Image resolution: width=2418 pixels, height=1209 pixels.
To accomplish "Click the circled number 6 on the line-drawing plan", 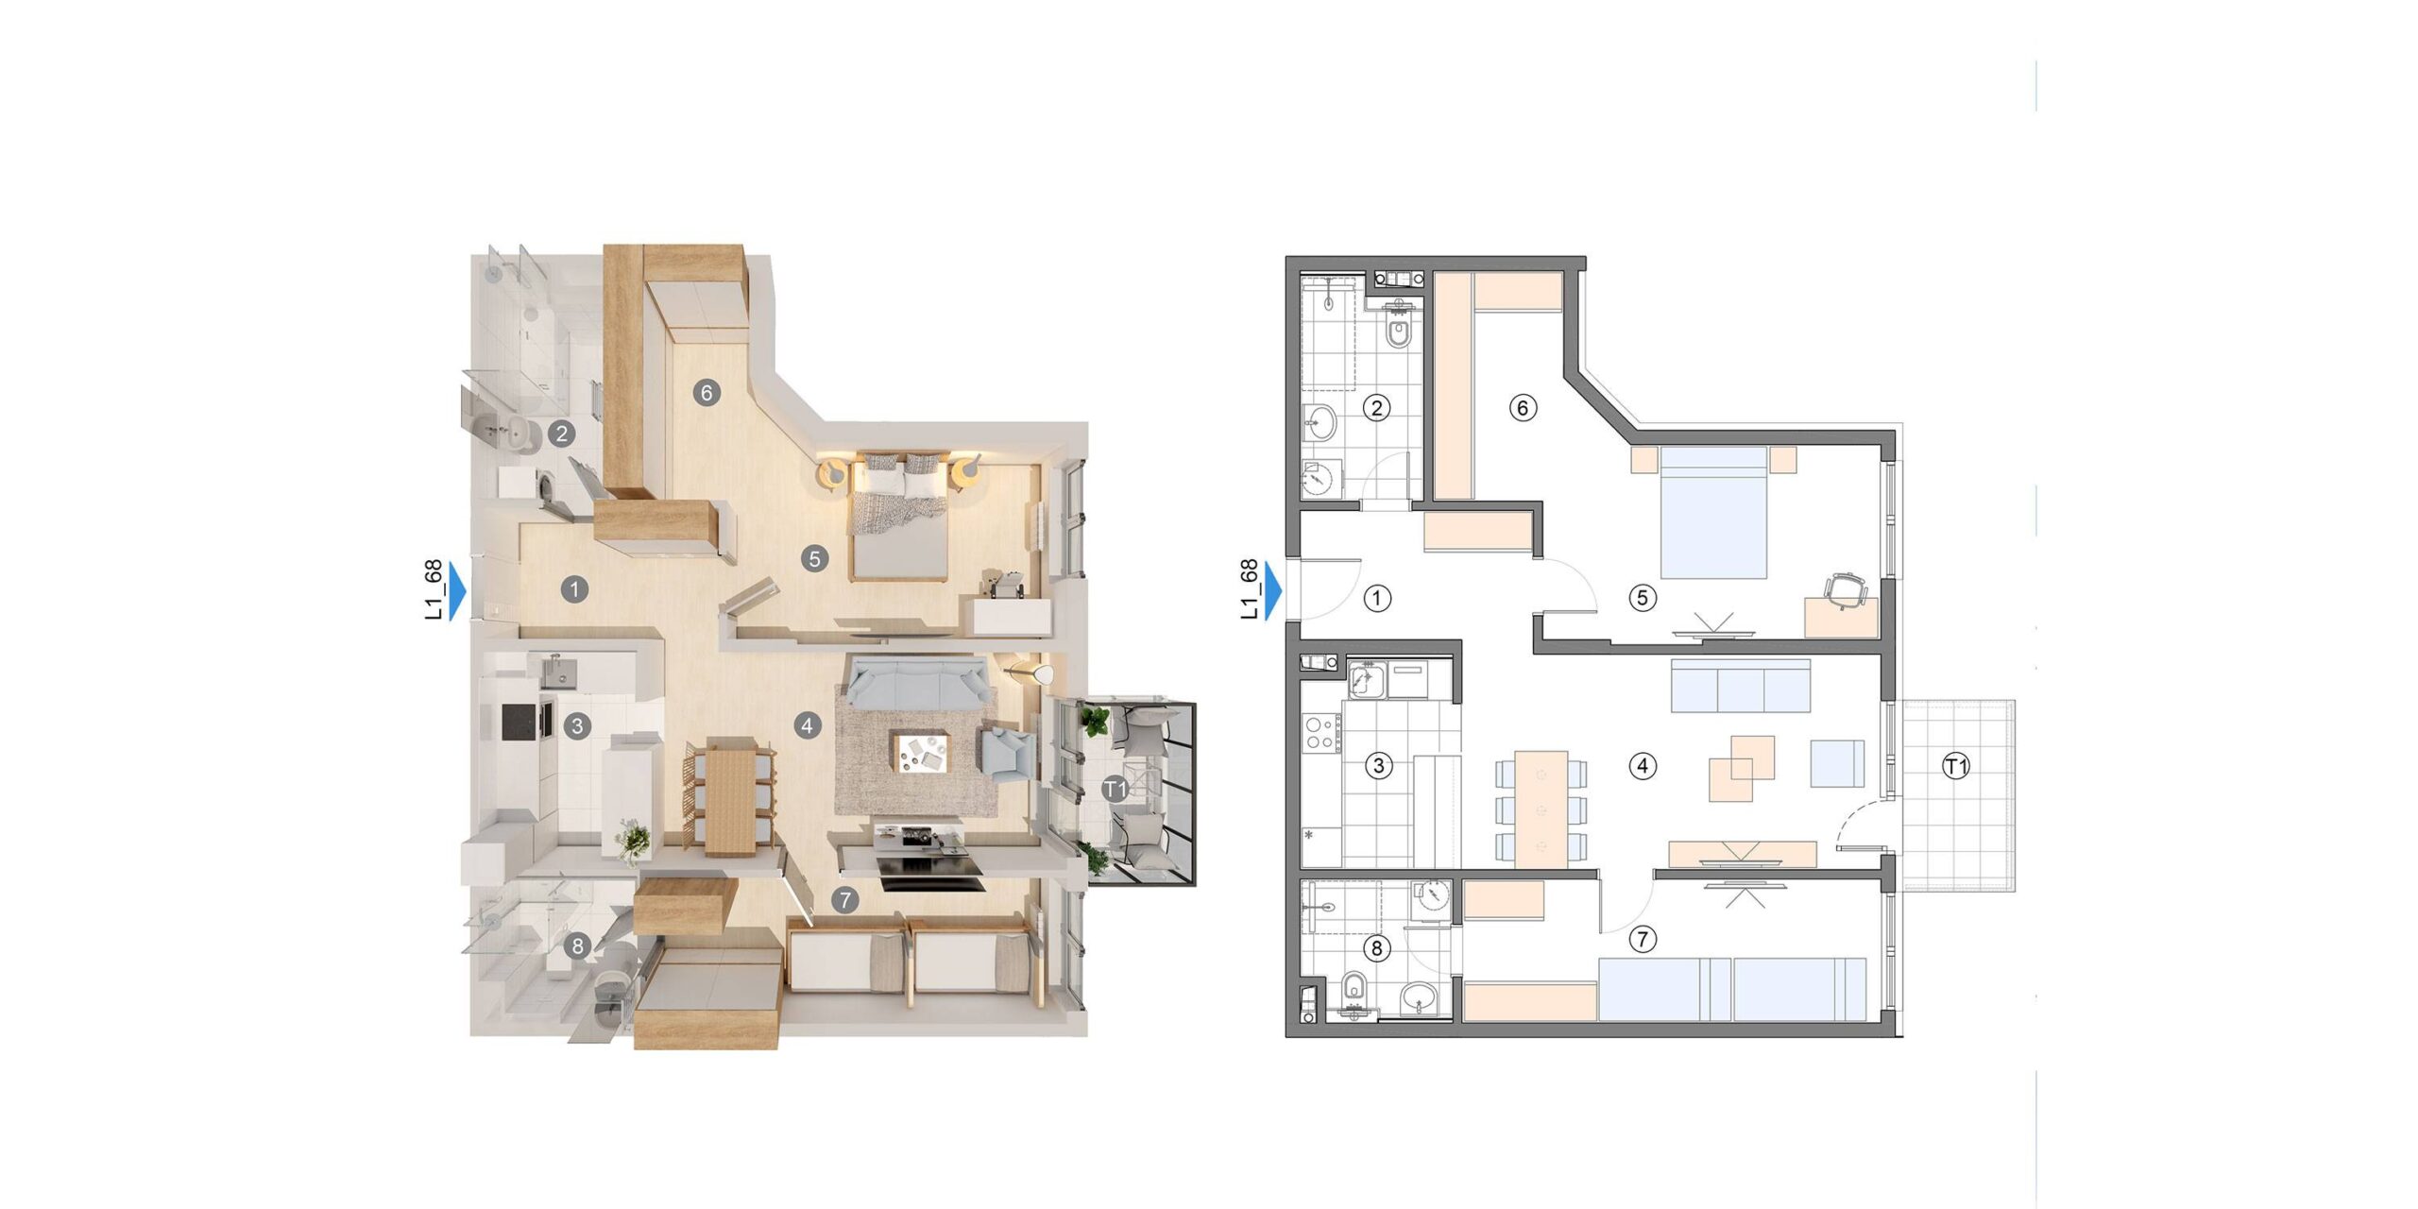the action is [x=1523, y=408].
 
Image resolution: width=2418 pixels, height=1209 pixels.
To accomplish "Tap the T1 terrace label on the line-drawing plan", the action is [x=1956, y=766].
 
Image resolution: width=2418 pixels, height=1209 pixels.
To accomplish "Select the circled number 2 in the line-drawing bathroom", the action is [x=1377, y=408].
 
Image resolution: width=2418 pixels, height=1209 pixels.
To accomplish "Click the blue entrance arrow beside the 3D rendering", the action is [x=458, y=591].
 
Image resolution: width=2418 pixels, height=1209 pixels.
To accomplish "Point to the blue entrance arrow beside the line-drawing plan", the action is [x=1274, y=591].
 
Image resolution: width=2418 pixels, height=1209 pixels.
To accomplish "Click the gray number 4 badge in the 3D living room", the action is [x=807, y=725].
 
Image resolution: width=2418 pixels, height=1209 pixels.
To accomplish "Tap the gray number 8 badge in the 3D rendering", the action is [x=577, y=945].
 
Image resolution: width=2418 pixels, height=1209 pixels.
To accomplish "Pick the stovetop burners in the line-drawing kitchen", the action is [x=1320, y=734].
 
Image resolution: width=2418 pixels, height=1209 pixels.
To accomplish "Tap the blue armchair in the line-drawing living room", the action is [x=1837, y=763].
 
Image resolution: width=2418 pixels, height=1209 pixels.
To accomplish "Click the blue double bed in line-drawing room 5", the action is [x=1713, y=513].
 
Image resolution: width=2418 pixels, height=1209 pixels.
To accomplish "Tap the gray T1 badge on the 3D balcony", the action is [x=1115, y=788].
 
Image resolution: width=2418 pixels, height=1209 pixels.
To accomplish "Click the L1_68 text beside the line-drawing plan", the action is [x=1249, y=590].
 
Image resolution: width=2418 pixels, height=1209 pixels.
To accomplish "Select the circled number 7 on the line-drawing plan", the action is [x=1643, y=939].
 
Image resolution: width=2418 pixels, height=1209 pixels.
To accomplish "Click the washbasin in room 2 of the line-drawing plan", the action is [x=1320, y=422].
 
